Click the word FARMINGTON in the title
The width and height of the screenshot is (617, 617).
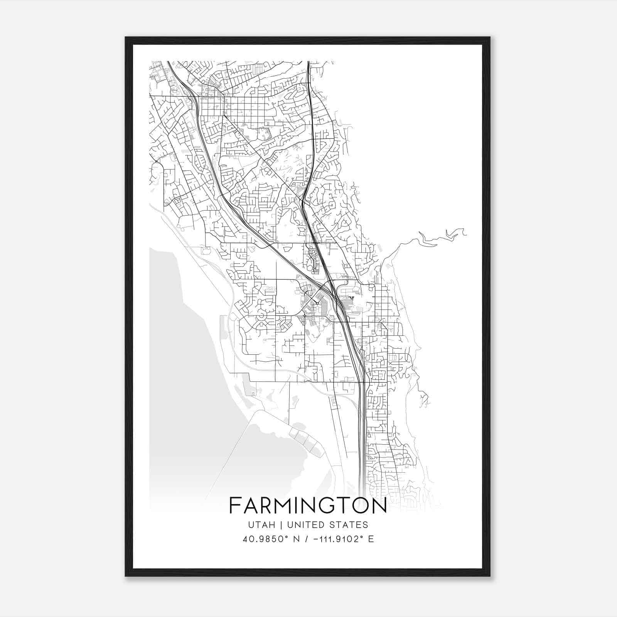(x=308, y=506)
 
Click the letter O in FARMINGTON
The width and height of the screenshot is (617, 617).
(x=363, y=506)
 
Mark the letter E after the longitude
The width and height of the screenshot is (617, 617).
(x=371, y=539)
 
